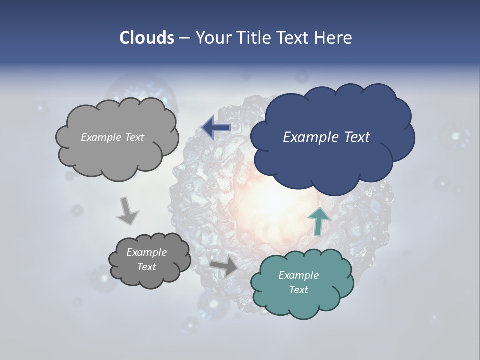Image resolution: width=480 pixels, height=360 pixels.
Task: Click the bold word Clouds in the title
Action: (x=146, y=38)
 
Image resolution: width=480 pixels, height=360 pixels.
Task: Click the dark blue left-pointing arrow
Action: (x=216, y=128)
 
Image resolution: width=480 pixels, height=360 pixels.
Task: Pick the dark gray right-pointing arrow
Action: (x=224, y=266)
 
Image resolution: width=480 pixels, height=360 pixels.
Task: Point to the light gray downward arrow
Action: (x=127, y=210)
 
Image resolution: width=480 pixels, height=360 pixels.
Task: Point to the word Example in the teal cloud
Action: (x=298, y=275)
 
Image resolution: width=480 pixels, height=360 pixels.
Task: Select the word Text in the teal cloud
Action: (x=298, y=290)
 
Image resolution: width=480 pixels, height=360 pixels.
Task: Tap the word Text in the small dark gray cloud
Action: (x=147, y=267)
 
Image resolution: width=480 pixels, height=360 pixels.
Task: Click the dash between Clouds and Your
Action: (x=184, y=38)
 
